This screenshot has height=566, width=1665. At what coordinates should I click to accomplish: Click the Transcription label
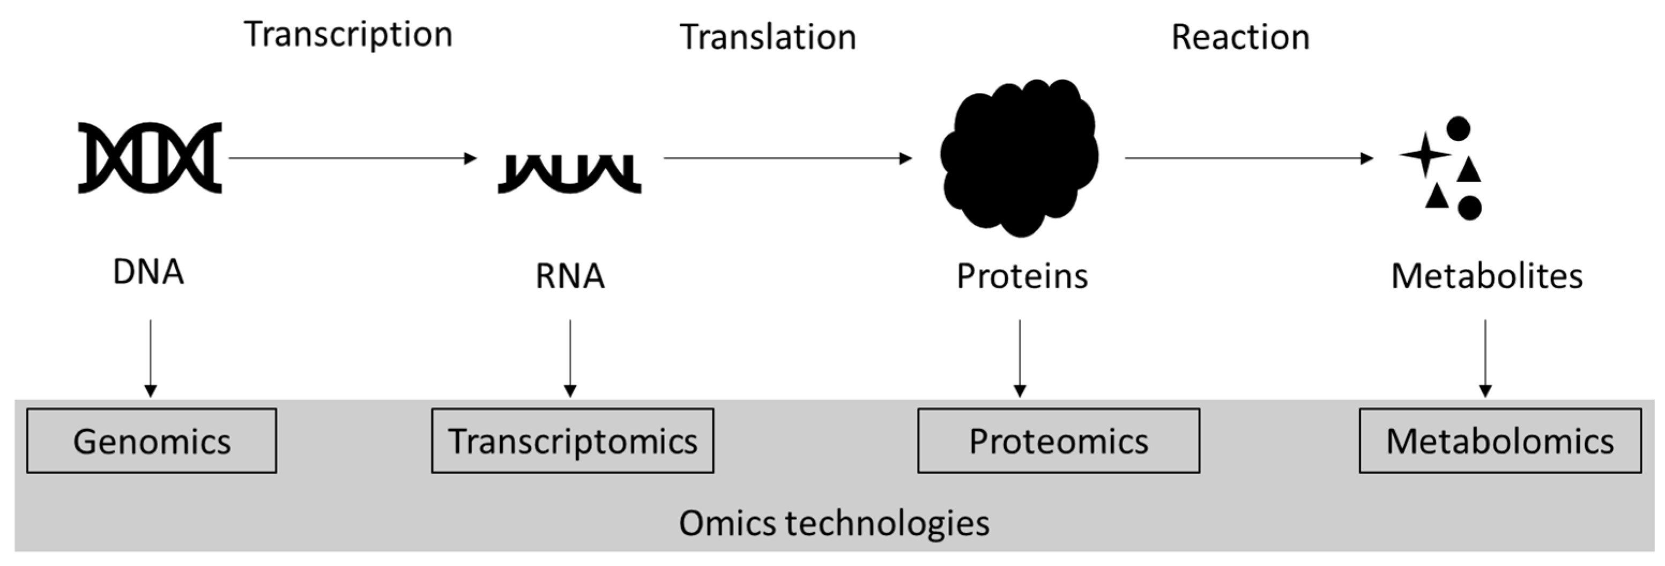point(348,35)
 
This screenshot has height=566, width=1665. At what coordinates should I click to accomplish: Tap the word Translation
point(768,38)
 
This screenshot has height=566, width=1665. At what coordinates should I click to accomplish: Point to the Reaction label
point(1240,38)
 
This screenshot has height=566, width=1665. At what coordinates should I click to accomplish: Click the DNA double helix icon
point(150,157)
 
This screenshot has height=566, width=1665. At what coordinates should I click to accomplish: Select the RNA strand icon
point(569,173)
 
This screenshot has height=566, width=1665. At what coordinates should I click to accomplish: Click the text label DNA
point(148,271)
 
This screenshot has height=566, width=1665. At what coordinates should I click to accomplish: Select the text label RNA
point(570,276)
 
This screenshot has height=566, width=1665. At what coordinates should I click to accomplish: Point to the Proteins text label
point(1022,276)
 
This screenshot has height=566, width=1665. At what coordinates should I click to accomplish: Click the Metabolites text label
point(1486,276)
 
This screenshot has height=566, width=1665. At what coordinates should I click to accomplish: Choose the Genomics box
point(151,441)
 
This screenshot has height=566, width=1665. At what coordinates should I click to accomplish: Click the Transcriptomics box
point(573,441)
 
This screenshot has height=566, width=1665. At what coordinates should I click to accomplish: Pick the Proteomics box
point(1059,441)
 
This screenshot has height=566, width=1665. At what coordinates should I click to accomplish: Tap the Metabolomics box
point(1499,441)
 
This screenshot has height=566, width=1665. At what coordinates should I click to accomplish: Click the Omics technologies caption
point(834,523)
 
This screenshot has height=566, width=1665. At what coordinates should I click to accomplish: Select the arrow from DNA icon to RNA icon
point(352,158)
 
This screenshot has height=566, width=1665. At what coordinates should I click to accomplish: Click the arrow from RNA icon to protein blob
point(787,158)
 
